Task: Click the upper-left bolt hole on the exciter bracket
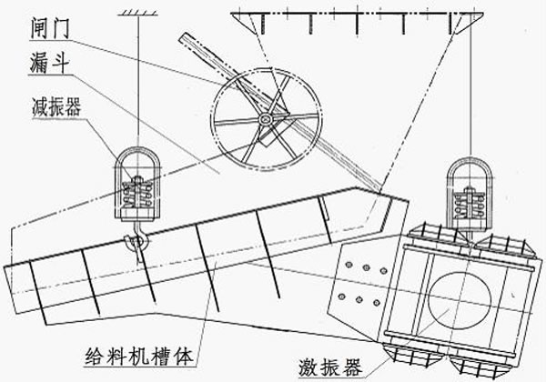351,264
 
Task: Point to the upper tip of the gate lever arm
182,37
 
